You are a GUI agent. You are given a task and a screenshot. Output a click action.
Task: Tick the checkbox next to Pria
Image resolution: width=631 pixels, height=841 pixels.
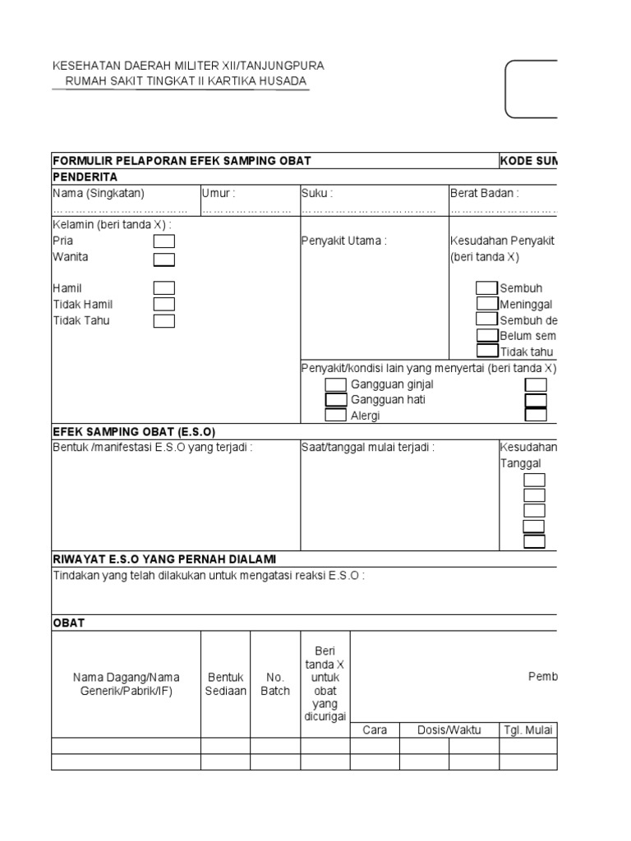click(x=164, y=241)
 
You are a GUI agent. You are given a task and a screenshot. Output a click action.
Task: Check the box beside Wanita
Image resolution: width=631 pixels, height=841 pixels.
click(x=164, y=260)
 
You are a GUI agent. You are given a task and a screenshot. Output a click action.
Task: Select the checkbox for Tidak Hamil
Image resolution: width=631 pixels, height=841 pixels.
click(x=164, y=304)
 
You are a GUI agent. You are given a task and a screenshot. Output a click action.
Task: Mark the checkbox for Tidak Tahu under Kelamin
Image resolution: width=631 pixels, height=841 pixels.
click(x=164, y=320)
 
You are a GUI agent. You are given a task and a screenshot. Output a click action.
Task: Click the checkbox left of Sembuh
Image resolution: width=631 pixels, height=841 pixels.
click(x=486, y=288)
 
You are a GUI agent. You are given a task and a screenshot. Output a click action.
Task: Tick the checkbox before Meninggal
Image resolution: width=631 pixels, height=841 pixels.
click(x=486, y=304)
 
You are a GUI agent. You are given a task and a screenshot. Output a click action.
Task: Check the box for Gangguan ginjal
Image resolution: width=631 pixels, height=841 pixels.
click(x=335, y=384)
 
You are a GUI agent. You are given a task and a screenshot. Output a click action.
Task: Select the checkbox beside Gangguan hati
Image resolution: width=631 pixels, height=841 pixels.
click(x=335, y=400)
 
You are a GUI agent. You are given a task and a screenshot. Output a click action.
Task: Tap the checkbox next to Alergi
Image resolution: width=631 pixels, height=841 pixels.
click(x=335, y=415)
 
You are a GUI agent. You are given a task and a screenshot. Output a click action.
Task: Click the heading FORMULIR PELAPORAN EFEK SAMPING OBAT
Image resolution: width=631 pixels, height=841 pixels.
click(x=182, y=161)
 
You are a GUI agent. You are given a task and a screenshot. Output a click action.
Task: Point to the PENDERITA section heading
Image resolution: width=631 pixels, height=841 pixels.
click(x=85, y=177)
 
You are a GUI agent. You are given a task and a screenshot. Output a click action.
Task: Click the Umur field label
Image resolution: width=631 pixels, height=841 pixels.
click(x=219, y=193)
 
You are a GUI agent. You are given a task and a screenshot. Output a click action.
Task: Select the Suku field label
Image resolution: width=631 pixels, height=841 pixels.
click(x=317, y=193)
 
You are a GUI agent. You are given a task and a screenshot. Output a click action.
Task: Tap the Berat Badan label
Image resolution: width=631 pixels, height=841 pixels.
click(x=485, y=193)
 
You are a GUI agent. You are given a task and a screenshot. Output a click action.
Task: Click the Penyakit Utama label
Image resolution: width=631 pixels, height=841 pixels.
click(x=343, y=241)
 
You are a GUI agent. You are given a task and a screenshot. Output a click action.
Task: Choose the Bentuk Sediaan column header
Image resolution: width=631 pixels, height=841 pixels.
click(x=225, y=684)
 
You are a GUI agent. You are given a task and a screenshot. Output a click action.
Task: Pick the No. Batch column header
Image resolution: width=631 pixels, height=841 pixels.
click(x=275, y=684)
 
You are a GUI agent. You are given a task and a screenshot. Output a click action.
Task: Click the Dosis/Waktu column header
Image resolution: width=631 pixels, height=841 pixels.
click(x=449, y=729)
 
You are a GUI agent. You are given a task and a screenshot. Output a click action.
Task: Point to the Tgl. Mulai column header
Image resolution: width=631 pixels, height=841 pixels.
click(x=527, y=729)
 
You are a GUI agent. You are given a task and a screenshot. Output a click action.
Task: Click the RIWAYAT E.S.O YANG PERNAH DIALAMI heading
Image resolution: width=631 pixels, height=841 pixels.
click(x=164, y=558)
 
